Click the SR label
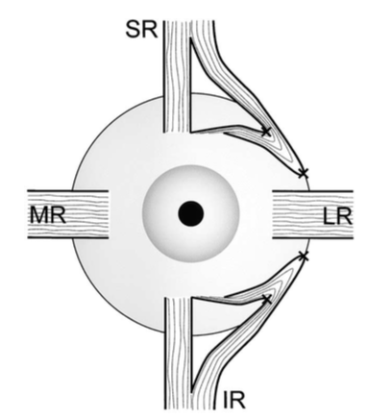(x=141, y=30)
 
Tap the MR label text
(x=48, y=214)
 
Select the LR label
(x=337, y=216)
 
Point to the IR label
(x=233, y=400)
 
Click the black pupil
(x=191, y=213)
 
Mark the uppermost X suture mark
(x=266, y=131)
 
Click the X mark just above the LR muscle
(x=303, y=173)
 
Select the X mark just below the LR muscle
(x=304, y=257)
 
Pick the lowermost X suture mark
(x=266, y=299)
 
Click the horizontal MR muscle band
(x=68, y=214)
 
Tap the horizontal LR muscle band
(x=312, y=214)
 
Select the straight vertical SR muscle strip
(x=177, y=76)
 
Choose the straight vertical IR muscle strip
(x=179, y=353)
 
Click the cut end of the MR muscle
(x=109, y=214)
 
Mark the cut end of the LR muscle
(x=273, y=214)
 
